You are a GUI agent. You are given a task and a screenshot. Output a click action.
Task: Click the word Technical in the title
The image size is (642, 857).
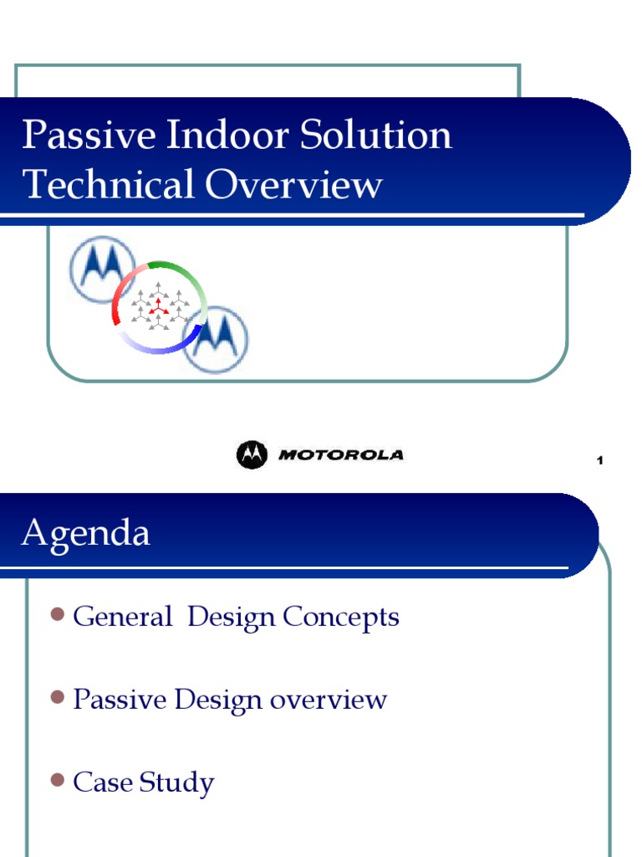point(109,184)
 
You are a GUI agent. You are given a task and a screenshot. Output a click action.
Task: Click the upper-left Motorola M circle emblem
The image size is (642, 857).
point(102,269)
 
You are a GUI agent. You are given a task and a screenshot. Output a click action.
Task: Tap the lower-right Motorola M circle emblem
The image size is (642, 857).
point(215,339)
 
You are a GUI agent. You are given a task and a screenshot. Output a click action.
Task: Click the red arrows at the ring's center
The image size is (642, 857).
point(158,307)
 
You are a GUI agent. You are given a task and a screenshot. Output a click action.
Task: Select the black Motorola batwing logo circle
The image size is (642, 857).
point(252,454)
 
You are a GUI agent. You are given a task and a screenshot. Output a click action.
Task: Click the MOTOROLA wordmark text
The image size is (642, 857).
point(340,455)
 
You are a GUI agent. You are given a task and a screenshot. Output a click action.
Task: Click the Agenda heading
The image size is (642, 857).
point(85,533)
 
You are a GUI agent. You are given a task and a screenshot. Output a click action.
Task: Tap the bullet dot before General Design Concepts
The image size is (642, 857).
point(57,615)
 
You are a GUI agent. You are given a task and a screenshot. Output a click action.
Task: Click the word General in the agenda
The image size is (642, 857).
point(122,618)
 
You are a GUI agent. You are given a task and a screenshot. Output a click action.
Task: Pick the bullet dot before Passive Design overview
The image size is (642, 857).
point(57,696)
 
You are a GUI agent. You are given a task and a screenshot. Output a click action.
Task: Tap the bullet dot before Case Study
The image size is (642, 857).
point(57,779)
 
